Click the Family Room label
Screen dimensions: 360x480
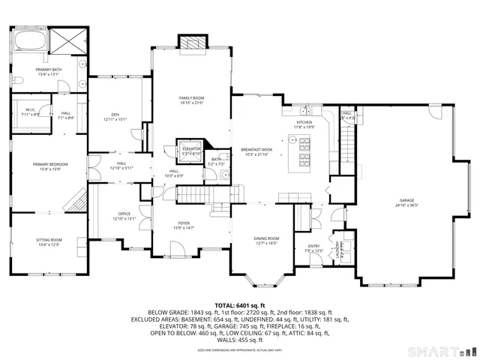(x=191, y=98)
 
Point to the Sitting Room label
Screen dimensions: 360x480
(x=49, y=240)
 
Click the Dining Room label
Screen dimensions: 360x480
(x=266, y=238)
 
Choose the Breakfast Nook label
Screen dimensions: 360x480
(x=256, y=149)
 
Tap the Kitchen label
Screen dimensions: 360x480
(x=304, y=122)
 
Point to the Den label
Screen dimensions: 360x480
(x=115, y=115)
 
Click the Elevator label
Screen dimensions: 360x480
(x=191, y=148)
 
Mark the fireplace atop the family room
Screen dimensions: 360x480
(x=191, y=42)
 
